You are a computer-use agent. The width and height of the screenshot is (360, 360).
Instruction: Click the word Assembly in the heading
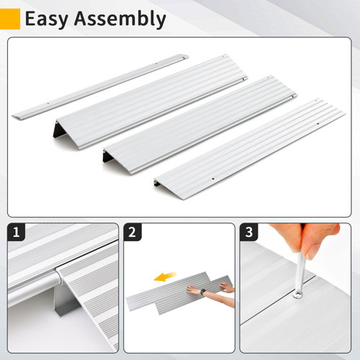(x=121, y=19)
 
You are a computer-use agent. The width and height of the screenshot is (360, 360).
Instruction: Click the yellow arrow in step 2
(x=168, y=274)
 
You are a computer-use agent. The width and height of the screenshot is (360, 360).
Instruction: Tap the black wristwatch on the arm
(x=203, y=292)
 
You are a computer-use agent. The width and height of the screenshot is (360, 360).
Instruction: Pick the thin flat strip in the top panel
(x=101, y=86)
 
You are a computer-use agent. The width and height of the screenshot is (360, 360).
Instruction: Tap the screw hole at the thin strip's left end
(x=48, y=103)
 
